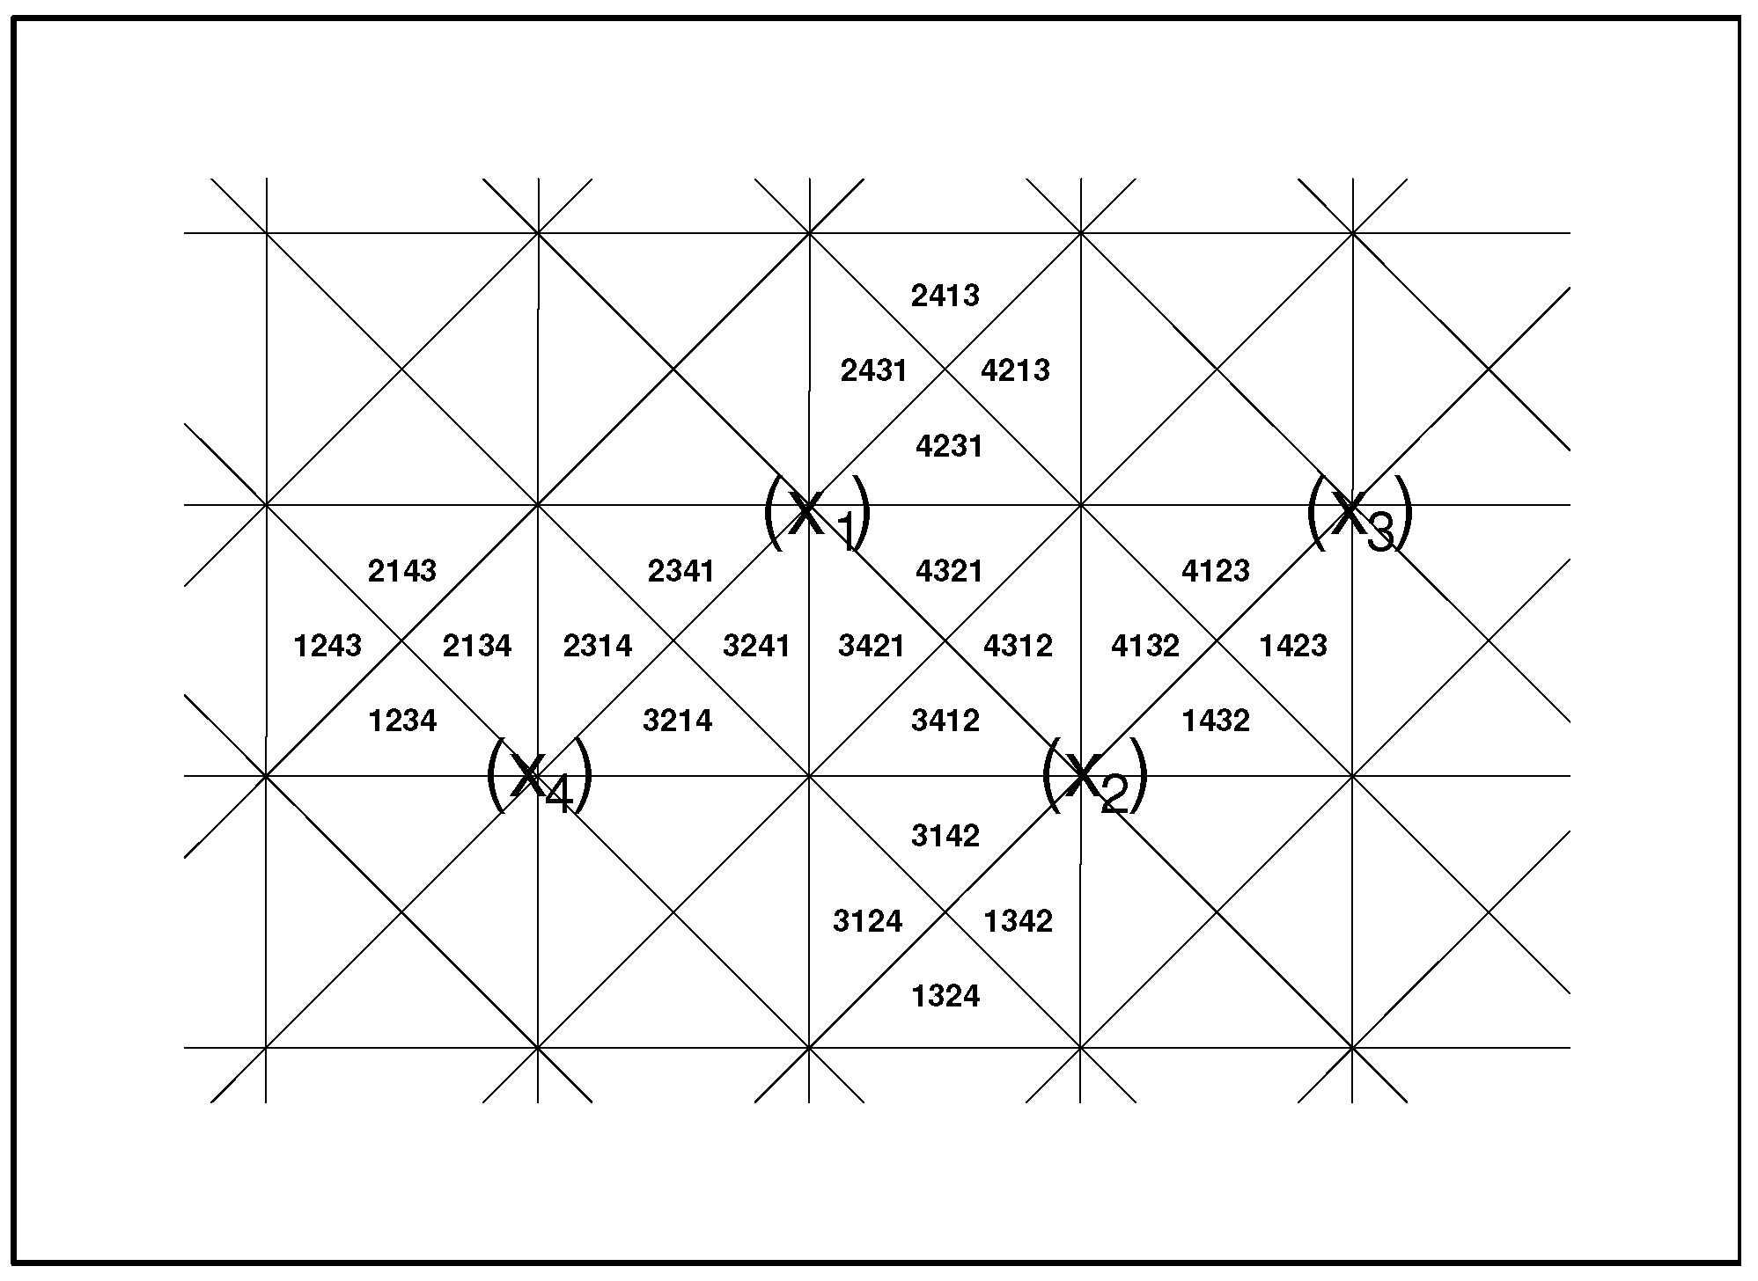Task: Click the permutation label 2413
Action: (945, 296)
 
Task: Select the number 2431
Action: (873, 370)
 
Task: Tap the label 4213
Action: (1015, 370)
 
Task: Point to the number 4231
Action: (949, 446)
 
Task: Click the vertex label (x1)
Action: (817, 514)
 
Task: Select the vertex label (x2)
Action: (1094, 776)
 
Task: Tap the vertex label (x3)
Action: (1359, 514)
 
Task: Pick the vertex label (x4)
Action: (539, 776)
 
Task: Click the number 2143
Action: (401, 571)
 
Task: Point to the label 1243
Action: (327, 647)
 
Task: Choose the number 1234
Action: (401, 721)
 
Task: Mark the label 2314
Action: (597, 647)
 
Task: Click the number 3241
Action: (756, 647)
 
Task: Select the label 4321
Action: (949, 571)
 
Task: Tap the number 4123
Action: (1215, 571)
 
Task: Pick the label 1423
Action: (1292, 647)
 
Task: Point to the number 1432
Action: (1215, 721)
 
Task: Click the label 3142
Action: (945, 835)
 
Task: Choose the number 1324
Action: (945, 997)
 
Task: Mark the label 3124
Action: (867, 921)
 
